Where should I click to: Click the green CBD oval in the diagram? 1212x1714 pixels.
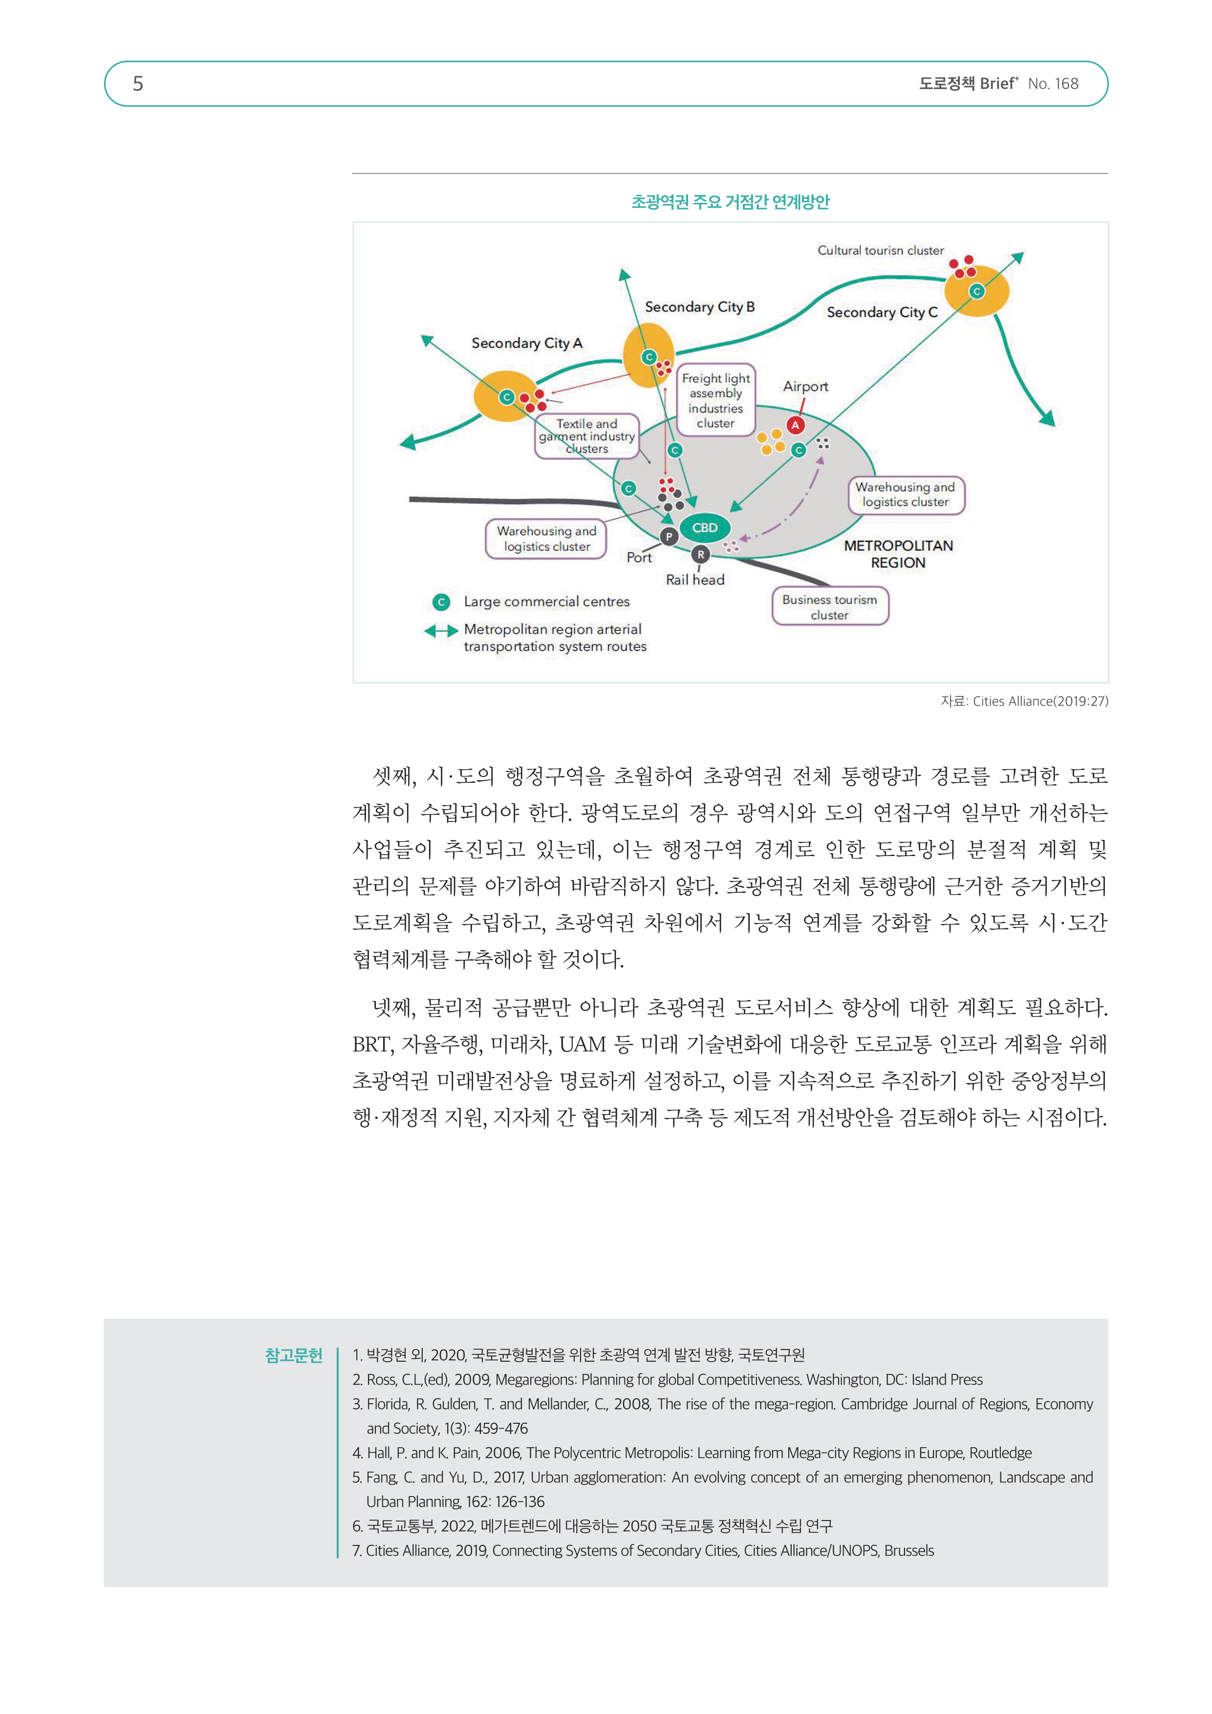click(704, 528)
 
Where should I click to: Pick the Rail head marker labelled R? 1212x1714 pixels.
click(700, 555)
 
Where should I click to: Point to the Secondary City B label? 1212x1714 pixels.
click(700, 307)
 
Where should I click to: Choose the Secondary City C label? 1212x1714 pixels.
click(882, 312)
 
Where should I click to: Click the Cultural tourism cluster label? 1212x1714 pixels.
click(881, 251)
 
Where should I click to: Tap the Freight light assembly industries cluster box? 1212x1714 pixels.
click(715, 401)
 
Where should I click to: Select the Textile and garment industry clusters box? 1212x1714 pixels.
click(587, 436)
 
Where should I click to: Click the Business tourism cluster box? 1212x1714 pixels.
click(830, 607)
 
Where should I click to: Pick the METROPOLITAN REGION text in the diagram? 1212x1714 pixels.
click(898, 554)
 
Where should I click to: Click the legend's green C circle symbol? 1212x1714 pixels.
click(441, 601)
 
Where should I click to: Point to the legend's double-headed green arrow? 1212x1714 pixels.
click(441, 631)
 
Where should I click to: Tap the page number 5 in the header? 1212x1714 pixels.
click(138, 84)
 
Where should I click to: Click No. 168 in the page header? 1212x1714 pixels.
click(1053, 84)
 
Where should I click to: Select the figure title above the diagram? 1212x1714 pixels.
click(730, 202)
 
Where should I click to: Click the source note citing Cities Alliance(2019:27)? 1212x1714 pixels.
click(1024, 701)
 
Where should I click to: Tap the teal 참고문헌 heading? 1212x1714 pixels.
click(294, 1355)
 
